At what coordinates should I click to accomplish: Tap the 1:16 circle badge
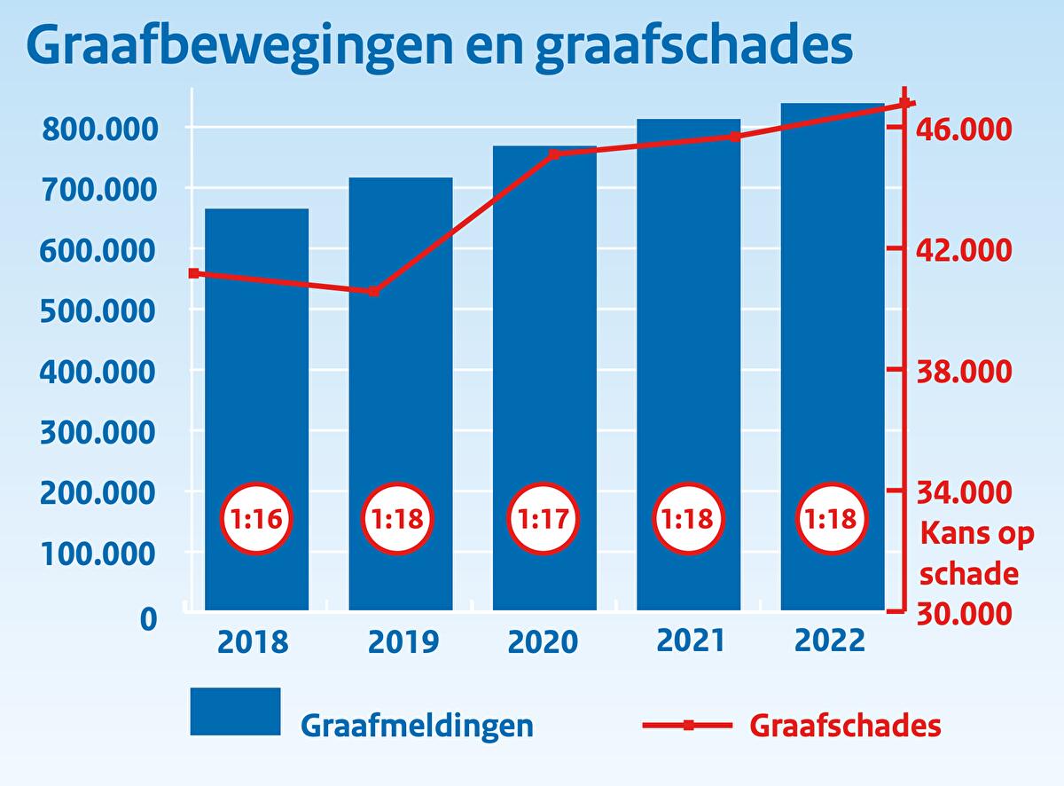256,519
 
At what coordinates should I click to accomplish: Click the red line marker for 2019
374,291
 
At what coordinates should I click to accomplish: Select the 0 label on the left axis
148,618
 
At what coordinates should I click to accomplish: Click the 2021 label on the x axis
690,640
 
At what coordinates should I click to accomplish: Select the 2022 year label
831,640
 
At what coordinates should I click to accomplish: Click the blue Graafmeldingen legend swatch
235,711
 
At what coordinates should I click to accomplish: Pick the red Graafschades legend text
845,726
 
